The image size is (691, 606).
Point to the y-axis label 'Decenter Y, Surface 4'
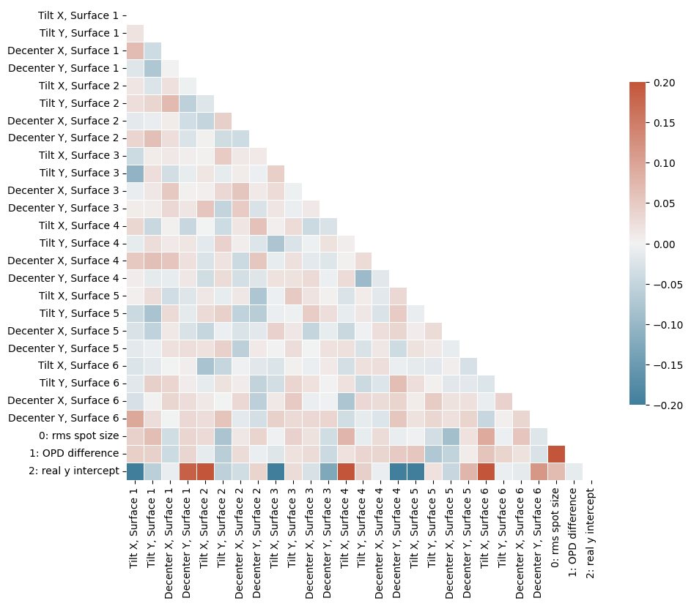(x=64, y=278)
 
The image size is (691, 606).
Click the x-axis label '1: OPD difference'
(x=574, y=526)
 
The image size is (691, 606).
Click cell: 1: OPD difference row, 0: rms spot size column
(x=556, y=453)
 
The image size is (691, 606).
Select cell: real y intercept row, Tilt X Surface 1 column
(x=135, y=471)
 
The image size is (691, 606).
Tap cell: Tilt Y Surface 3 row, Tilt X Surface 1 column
(x=135, y=173)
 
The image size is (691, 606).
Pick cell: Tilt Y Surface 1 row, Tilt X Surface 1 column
(x=135, y=33)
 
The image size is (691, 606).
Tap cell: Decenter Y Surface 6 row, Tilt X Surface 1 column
(x=135, y=418)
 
